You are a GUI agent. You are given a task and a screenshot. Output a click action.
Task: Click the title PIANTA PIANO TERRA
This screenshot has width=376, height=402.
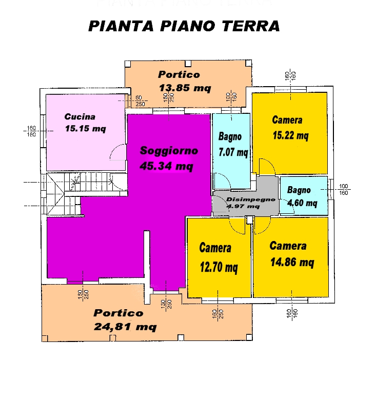point(184,26)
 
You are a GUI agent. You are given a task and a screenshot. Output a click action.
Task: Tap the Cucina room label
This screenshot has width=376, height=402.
point(80,116)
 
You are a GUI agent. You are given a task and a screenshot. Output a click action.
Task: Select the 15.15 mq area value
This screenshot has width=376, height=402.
point(85,129)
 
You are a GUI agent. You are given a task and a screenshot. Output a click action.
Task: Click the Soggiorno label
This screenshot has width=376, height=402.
point(169,151)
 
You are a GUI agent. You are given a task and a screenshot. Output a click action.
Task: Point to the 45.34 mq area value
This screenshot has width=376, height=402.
point(166,166)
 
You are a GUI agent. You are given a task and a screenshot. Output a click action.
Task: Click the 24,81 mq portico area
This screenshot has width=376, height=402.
point(125,326)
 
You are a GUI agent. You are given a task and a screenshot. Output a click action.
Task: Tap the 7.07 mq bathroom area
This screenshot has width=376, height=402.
point(233,152)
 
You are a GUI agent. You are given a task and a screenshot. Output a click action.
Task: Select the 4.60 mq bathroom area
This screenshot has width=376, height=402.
point(302,203)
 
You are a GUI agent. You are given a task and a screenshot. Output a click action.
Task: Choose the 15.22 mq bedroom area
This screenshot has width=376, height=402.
point(290,136)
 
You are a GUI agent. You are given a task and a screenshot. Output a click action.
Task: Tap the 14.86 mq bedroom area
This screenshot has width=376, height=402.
point(292,263)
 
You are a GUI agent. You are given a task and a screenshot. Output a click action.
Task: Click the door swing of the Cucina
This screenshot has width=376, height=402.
point(117,152)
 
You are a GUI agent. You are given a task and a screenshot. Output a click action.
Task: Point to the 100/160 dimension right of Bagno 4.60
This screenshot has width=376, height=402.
point(344,189)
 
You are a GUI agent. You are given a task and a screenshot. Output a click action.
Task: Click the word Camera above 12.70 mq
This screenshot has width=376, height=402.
point(215,249)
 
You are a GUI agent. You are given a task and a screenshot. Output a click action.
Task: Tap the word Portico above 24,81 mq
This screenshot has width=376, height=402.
point(118,313)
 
